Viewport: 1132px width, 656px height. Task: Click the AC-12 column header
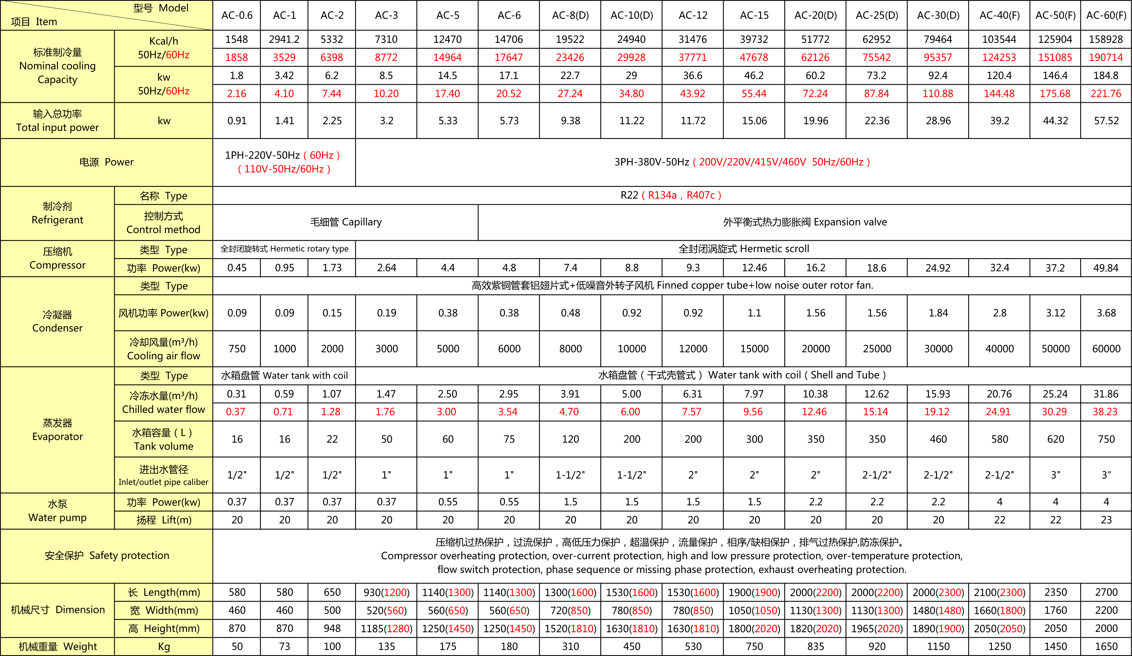(693, 15)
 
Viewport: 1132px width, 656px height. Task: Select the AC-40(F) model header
(999, 15)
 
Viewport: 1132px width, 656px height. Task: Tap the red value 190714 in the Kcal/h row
(1106, 58)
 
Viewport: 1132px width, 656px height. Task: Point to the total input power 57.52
(1106, 121)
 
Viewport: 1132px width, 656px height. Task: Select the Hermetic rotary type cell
(284, 249)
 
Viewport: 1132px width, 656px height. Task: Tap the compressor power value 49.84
(1106, 268)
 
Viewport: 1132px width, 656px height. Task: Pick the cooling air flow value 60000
(1106, 349)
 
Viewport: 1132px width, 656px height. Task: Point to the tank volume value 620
(1055, 439)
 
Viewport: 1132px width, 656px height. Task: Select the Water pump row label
(58, 511)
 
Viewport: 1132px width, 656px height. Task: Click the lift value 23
(1106, 520)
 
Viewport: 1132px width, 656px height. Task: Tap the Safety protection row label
(107, 556)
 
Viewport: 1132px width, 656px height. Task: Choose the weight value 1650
(1106, 647)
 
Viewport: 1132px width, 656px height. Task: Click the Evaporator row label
(58, 430)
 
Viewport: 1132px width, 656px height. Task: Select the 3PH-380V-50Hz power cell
(742, 162)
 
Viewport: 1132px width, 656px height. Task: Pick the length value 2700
(1106, 592)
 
